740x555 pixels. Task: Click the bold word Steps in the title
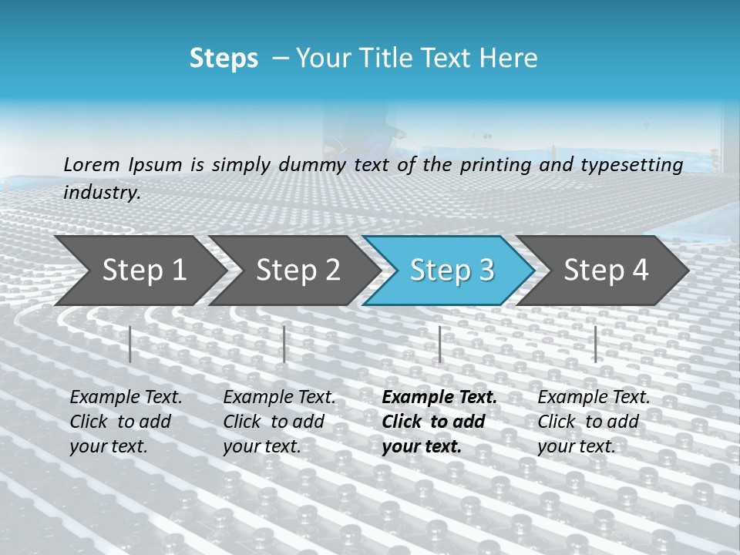(224, 59)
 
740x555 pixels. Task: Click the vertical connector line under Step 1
(130, 344)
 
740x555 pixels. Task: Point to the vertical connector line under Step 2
(284, 344)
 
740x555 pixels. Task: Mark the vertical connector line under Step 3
(439, 344)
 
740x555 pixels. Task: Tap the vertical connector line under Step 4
(595, 344)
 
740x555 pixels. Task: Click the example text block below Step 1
(126, 422)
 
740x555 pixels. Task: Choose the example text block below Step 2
(279, 422)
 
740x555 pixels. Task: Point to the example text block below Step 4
(594, 422)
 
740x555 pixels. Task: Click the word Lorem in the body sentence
(92, 165)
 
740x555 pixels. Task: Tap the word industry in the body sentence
(102, 193)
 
